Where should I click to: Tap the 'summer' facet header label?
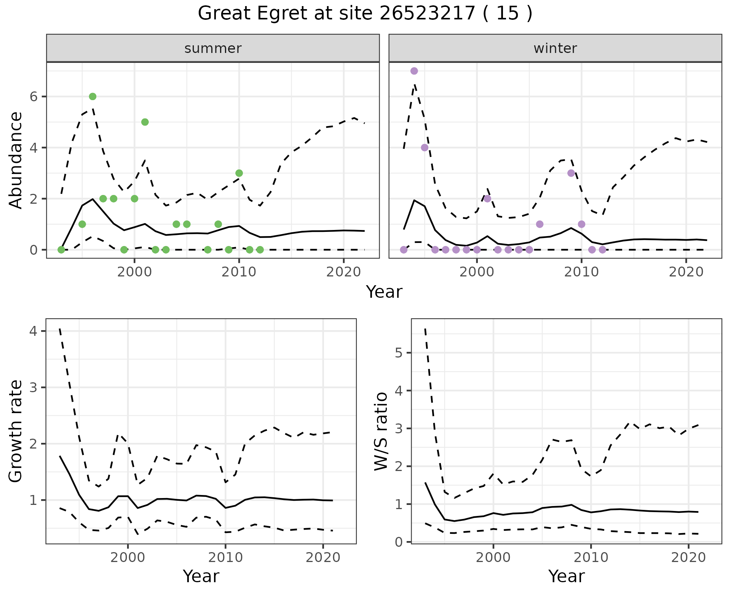click(213, 48)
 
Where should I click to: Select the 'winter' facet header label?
click(555, 48)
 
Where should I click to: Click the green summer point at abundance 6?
click(93, 97)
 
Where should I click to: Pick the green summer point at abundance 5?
click(145, 122)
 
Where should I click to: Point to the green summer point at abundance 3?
click(239, 173)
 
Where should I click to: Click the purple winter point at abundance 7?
click(414, 71)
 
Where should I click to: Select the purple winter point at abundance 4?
click(425, 148)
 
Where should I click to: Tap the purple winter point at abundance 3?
click(571, 173)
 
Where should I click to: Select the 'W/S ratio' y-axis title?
click(381, 431)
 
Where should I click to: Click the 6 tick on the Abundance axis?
click(34, 97)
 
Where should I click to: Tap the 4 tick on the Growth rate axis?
click(33, 331)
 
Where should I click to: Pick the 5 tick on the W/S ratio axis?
click(399, 353)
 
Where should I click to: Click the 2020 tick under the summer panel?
click(344, 272)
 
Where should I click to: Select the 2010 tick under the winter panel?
click(581, 272)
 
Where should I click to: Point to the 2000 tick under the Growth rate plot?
click(128, 558)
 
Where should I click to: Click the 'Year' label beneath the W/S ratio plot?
click(567, 576)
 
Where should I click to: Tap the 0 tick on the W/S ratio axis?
click(399, 542)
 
